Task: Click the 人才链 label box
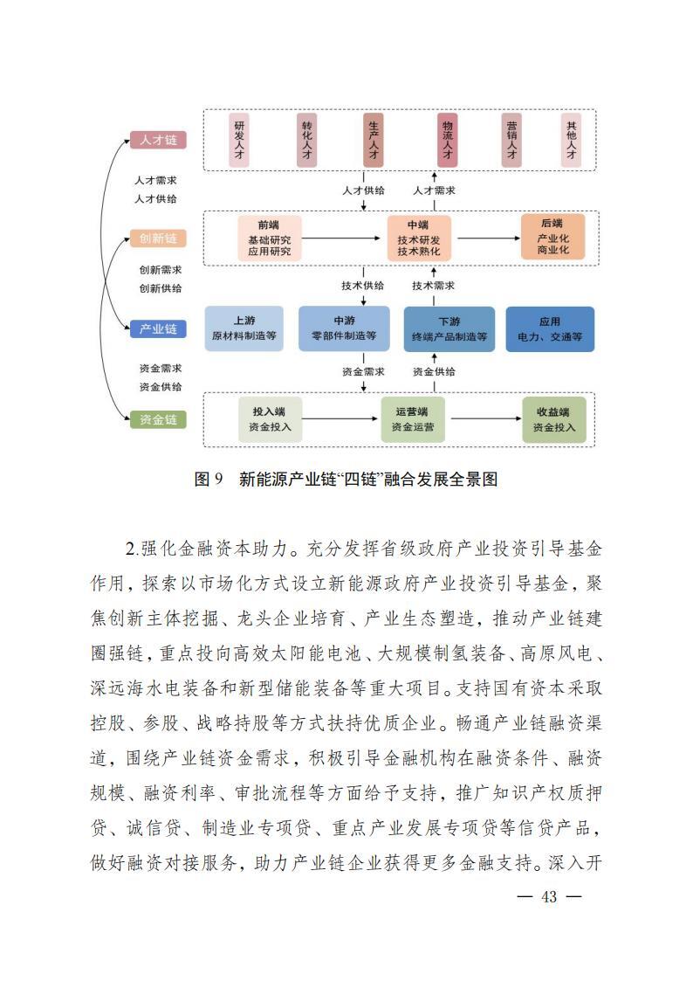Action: [x=158, y=140]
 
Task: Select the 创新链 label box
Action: [x=158, y=238]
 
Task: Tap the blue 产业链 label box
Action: [x=158, y=328]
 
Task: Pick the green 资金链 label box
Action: [x=158, y=419]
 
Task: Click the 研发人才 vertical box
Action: [x=239, y=140]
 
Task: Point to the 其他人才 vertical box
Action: [x=571, y=140]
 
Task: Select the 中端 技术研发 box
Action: [x=419, y=238]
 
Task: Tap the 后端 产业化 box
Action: [x=552, y=237]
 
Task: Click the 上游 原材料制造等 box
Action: [x=244, y=328]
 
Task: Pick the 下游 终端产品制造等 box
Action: [x=449, y=328]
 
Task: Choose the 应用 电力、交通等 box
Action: [x=550, y=328]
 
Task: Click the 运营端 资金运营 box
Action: [x=412, y=420]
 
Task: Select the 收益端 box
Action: [x=553, y=420]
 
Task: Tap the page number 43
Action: [x=549, y=897]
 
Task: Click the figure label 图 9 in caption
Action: [x=209, y=479]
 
